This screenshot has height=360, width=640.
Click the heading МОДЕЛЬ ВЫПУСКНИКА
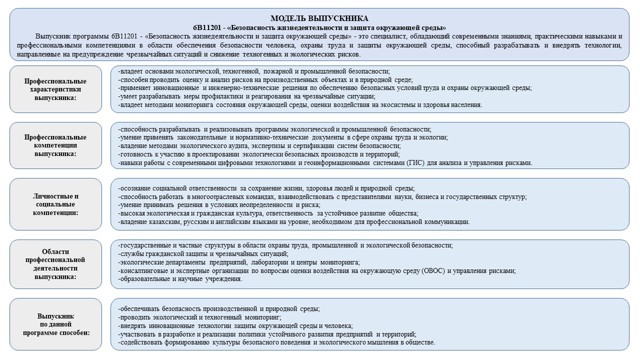(319, 18)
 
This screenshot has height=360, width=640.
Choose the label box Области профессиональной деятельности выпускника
(55, 264)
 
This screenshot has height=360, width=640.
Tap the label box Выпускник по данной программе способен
(55, 324)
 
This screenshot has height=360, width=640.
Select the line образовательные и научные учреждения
(180, 279)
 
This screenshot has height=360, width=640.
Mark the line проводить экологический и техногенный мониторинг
(199, 317)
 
